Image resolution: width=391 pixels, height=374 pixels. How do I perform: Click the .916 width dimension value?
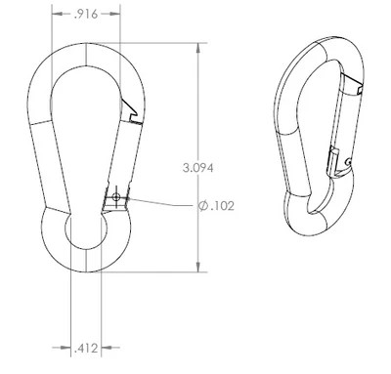(x=86, y=15)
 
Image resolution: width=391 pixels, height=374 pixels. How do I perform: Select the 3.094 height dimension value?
(x=198, y=168)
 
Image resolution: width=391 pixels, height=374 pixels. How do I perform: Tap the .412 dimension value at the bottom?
(x=86, y=349)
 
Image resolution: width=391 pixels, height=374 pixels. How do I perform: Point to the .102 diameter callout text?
(x=222, y=206)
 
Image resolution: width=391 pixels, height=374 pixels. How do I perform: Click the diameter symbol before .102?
(x=203, y=206)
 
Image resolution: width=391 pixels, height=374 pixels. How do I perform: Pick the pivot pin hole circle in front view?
(x=115, y=196)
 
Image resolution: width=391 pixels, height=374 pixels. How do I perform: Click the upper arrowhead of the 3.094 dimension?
(x=198, y=49)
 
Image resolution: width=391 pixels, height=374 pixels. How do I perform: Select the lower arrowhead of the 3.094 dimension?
(x=198, y=267)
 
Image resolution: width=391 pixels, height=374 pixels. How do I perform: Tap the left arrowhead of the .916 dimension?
(x=58, y=14)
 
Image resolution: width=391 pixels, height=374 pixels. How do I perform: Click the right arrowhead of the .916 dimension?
(x=115, y=14)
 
